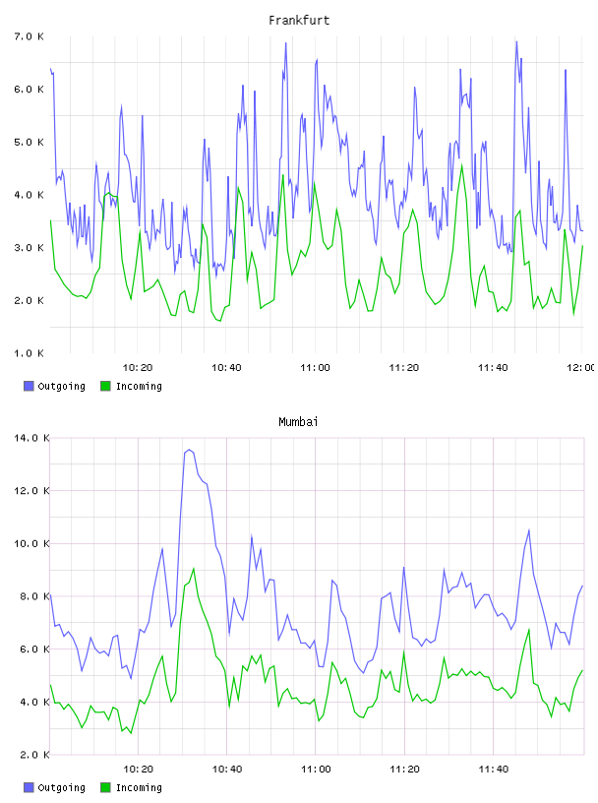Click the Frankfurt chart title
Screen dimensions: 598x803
tap(299, 21)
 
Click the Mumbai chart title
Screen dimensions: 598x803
tap(298, 422)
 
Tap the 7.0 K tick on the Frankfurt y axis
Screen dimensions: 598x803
tap(30, 36)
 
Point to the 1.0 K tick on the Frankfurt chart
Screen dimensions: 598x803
tap(30, 353)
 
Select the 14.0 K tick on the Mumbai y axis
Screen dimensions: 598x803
tap(31, 438)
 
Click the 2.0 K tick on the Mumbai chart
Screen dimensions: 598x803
tap(31, 755)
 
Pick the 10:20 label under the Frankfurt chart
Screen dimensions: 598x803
tap(138, 368)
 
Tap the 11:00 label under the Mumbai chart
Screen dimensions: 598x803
tap(316, 770)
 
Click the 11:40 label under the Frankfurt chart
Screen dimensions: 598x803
tap(493, 368)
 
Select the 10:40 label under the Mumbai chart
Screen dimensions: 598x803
tap(227, 770)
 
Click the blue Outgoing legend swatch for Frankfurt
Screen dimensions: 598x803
tap(29, 386)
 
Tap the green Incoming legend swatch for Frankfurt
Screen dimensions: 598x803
tap(105, 386)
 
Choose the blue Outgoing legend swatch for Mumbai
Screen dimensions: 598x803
tap(29, 787)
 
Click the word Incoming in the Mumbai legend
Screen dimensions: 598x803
tap(139, 787)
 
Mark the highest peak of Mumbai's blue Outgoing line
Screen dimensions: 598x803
tap(189, 450)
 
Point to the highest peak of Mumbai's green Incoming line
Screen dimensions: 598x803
tap(194, 569)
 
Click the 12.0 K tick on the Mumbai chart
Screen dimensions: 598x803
tap(31, 491)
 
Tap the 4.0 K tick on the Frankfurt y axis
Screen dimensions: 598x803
tap(30, 195)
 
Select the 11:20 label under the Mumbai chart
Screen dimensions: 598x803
tap(404, 770)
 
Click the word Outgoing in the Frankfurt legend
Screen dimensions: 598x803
tap(61, 386)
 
